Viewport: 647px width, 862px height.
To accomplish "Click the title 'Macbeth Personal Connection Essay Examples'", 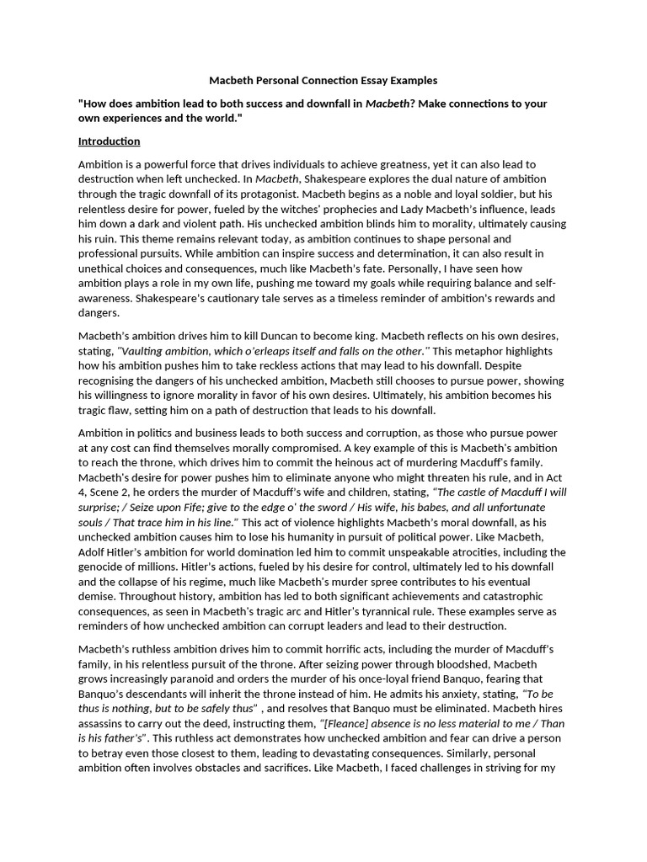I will (323, 81).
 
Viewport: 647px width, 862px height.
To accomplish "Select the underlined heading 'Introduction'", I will (109, 141).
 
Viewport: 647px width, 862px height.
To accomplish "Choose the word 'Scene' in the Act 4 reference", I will (110, 492).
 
